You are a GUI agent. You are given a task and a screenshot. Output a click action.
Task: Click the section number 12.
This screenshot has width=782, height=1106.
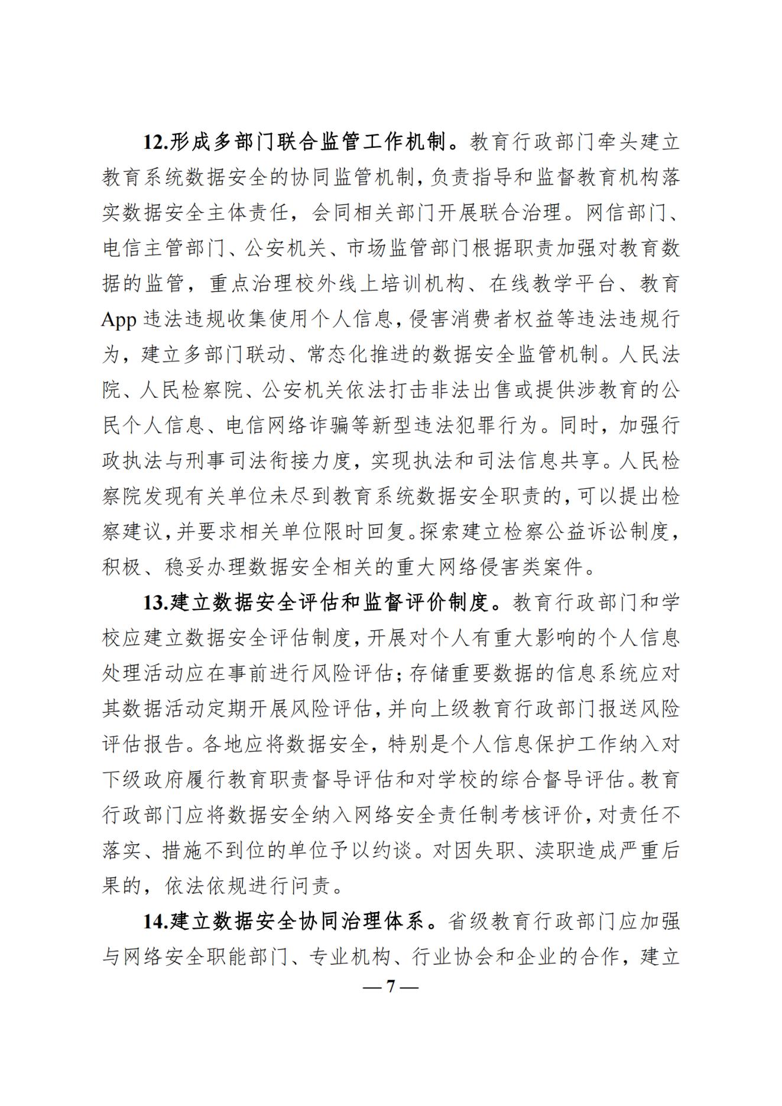coord(156,142)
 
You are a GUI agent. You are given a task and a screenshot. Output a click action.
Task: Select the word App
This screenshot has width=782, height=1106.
coord(119,320)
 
